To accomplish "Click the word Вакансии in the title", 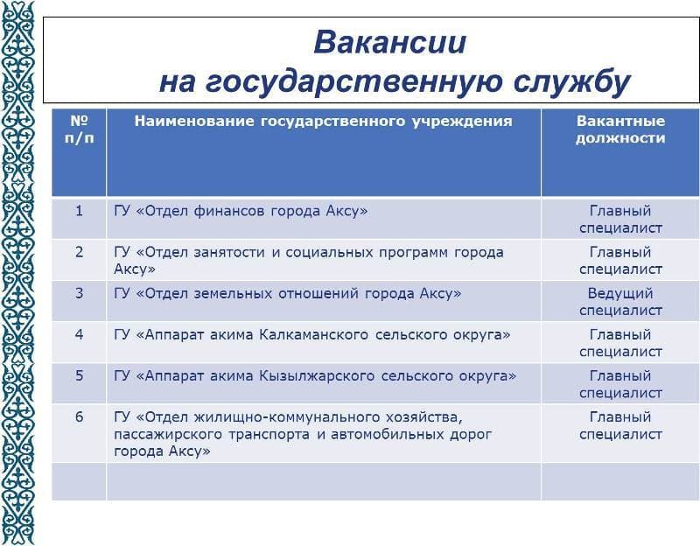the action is (x=389, y=42).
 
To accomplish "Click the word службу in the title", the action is (x=572, y=82).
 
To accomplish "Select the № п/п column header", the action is (x=79, y=129).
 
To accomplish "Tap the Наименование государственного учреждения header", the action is (x=323, y=122).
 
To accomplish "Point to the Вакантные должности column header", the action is (x=620, y=129).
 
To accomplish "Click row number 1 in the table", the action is (x=79, y=211).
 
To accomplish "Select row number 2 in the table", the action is (x=79, y=252).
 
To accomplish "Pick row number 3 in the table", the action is (x=79, y=293).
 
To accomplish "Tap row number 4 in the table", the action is (x=79, y=334).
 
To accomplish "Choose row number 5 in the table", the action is (x=79, y=375).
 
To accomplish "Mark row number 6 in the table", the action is (x=79, y=417).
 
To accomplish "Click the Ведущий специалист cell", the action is (x=620, y=302).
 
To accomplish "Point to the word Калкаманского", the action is (x=314, y=335).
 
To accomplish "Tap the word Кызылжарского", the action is (x=317, y=376).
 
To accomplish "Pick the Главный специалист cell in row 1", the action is (x=620, y=220).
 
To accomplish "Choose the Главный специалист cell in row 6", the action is (x=620, y=425).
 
